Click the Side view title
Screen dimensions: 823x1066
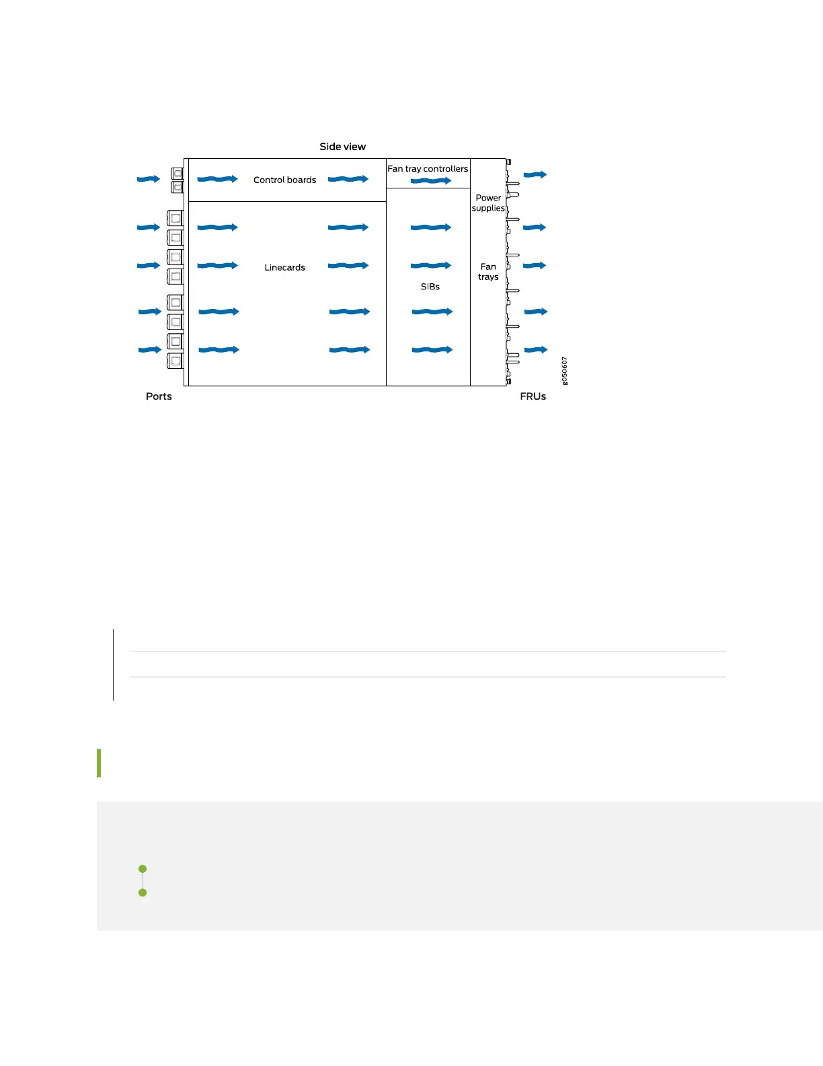[342, 147]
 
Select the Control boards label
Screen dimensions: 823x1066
[284, 180]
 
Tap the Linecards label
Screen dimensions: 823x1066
[284, 268]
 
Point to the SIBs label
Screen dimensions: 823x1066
[430, 287]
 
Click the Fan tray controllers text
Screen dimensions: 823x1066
[428, 169]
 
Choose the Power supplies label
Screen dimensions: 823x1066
[488, 203]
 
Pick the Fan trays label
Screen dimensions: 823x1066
[488, 272]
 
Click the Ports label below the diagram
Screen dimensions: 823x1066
[159, 396]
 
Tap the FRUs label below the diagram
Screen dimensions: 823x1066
[533, 396]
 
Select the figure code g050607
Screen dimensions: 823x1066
[565, 371]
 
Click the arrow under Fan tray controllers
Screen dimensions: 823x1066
[430, 181]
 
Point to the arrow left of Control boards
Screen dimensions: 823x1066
[217, 179]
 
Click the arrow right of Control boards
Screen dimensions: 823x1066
[348, 179]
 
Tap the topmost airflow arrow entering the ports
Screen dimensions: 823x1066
[149, 179]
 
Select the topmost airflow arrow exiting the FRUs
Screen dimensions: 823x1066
[535, 175]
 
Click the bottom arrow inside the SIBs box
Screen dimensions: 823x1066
[432, 350]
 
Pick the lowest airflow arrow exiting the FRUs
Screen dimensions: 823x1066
[536, 350]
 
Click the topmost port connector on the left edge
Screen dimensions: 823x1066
[178, 174]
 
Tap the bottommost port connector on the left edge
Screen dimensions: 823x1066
[175, 361]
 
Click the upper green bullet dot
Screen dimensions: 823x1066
[143, 869]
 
